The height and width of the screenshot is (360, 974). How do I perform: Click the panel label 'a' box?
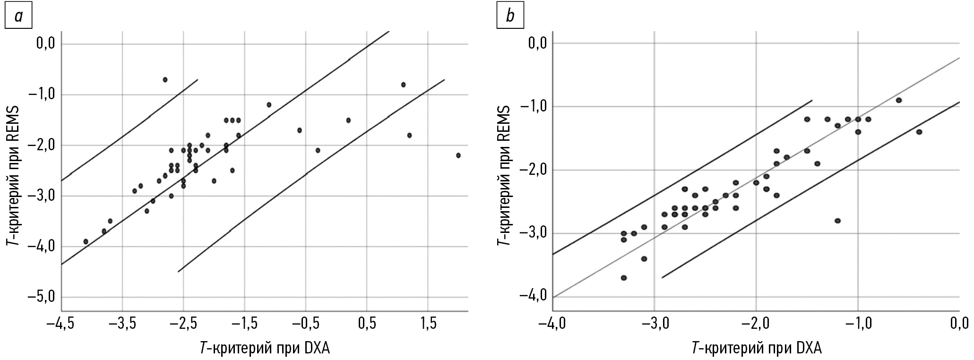click(18, 17)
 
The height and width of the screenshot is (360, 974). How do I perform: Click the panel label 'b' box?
click(510, 17)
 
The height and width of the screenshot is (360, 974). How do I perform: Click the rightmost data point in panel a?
click(458, 155)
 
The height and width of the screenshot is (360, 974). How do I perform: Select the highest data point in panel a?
click(165, 79)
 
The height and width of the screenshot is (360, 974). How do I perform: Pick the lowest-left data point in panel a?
click(86, 241)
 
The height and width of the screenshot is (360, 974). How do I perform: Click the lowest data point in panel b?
click(624, 278)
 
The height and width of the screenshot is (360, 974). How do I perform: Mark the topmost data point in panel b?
click(898, 100)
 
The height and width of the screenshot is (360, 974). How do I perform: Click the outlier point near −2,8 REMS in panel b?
click(837, 221)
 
